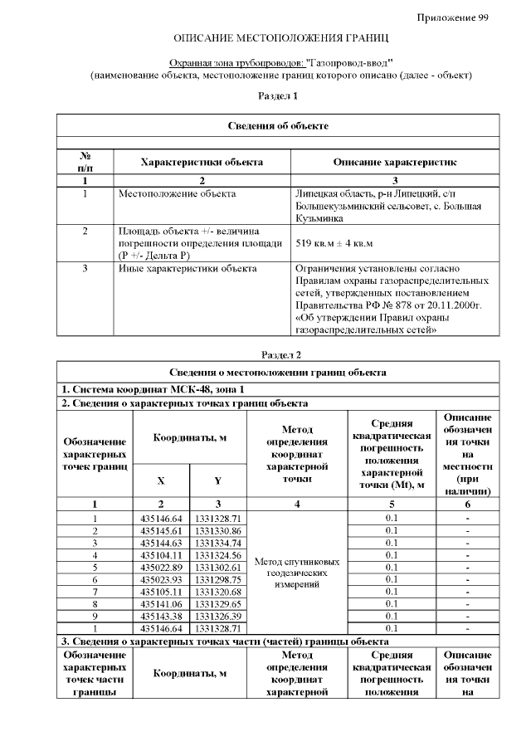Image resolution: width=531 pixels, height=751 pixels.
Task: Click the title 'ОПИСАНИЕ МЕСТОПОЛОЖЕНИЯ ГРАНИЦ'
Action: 280,39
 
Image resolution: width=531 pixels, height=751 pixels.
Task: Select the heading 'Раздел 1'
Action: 278,96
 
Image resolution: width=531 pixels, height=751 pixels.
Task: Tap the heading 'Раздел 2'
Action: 280,354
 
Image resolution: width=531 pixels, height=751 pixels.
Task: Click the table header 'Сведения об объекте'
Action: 278,125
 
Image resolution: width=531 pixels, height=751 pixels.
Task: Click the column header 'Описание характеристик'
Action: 394,162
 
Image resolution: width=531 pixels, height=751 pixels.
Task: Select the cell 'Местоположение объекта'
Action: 176,194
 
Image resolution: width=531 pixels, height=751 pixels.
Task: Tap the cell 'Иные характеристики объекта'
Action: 188,268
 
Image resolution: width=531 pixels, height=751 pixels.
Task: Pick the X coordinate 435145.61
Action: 161,530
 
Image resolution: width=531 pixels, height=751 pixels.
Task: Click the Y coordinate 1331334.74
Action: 218,543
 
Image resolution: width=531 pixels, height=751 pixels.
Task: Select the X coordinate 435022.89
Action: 161,567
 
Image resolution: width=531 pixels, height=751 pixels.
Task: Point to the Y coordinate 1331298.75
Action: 218,579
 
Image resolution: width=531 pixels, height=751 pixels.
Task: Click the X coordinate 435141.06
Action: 161,603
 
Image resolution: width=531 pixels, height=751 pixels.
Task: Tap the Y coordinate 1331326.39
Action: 218,616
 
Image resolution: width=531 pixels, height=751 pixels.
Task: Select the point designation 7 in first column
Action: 95,592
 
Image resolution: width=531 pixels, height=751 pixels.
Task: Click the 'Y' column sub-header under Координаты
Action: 218,480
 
